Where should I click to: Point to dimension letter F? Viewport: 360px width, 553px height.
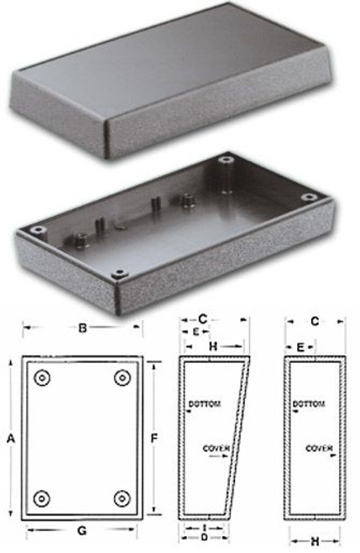tap(155, 438)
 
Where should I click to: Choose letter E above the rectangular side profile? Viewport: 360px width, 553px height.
tap(300, 346)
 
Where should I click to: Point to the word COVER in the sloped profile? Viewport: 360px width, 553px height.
tap(216, 449)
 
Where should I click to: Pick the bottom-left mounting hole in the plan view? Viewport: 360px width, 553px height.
tap(42, 496)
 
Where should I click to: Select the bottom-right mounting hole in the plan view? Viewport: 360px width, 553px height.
tap(123, 496)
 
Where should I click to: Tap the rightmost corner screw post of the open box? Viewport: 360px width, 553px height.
tap(309, 197)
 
